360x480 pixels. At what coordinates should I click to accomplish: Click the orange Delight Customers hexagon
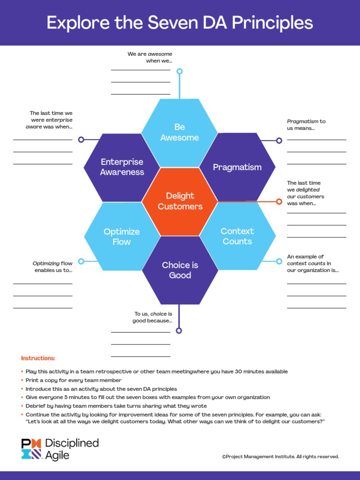[x=180, y=202]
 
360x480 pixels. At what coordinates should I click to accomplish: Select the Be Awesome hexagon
[x=180, y=133]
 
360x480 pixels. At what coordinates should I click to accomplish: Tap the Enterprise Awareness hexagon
[x=122, y=167]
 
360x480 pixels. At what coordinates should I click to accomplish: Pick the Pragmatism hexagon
[x=237, y=167]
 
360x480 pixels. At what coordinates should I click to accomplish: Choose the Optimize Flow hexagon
[x=122, y=236]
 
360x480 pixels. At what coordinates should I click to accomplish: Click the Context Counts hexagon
[x=237, y=236]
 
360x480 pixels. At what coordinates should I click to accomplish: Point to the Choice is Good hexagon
[x=180, y=270]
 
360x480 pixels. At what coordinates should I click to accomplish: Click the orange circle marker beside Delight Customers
[x=279, y=202]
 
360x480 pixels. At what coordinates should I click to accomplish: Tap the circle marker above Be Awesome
[x=180, y=71]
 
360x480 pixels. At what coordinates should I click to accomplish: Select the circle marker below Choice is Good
[x=179, y=330]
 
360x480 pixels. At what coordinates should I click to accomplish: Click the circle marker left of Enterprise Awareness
[x=81, y=140]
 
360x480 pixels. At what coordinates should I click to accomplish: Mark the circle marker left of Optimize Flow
[x=81, y=261]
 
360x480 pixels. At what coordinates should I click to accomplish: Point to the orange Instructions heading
[x=38, y=358]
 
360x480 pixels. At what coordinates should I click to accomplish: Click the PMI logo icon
[x=31, y=449]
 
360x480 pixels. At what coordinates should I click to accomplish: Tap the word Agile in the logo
[x=57, y=455]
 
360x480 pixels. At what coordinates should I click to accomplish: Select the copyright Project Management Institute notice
[x=280, y=457]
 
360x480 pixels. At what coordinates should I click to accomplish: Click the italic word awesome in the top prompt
[x=160, y=54]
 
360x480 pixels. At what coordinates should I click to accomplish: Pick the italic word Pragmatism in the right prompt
[x=302, y=121]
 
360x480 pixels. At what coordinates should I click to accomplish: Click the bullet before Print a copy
[x=22, y=380]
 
